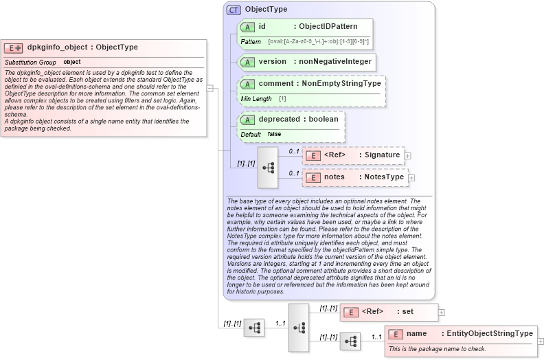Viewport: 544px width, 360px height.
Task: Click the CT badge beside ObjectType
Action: pyautogui.click(x=233, y=10)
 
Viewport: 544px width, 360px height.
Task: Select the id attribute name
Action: pyautogui.click(x=262, y=26)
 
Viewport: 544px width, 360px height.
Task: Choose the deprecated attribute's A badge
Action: pyautogui.click(x=247, y=119)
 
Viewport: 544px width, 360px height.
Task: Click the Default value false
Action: pyautogui.click(x=274, y=134)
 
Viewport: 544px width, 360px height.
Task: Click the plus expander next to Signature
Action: pyautogui.click(x=409, y=155)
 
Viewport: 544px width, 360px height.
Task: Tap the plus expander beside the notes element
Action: pyautogui.click(x=411, y=177)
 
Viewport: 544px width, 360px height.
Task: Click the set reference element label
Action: pyautogui.click(x=407, y=311)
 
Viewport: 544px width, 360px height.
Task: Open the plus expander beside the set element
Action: pyautogui.click(x=442, y=312)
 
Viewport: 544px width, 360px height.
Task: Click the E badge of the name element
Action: pyautogui.click(x=395, y=334)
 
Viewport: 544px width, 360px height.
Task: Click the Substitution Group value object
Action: pyautogui.click(x=72, y=62)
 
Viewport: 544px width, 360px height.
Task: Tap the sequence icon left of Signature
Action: pyautogui.click(x=267, y=167)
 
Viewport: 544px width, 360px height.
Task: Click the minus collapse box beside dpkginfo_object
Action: pyautogui.click(x=210, y=88)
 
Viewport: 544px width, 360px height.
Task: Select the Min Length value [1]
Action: pyautogui.click(x=282, y=98)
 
